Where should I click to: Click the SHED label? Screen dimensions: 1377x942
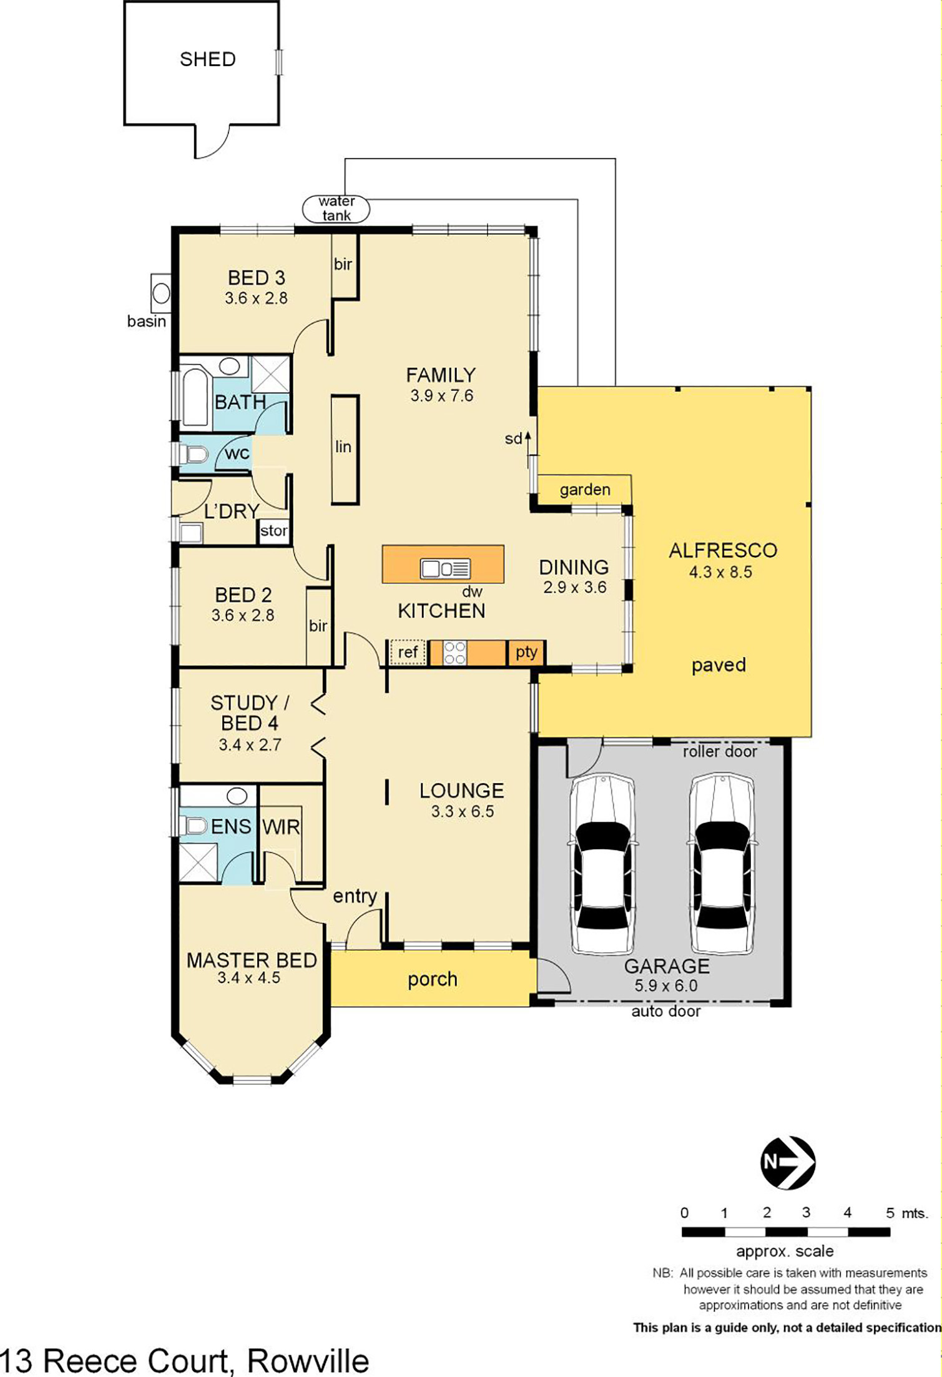point(207,59)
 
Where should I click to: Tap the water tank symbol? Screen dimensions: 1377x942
point(336,209)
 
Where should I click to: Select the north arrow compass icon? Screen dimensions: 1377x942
point(788,1162)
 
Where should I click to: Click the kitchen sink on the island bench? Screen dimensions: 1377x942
point(444,568)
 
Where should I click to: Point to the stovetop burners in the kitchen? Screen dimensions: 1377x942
point(454,653)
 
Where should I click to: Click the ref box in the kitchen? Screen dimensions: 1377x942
point(408,653)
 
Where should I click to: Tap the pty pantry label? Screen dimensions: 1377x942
point(526,652)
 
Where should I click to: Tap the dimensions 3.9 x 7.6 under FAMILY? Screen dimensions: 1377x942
point(441,396)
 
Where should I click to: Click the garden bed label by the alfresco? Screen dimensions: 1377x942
point(584,490)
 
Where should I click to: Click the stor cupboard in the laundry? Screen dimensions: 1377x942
point(273,531)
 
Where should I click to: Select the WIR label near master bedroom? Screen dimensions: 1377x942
point(281,827)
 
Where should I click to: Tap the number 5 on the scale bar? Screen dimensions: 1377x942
point(890,1213)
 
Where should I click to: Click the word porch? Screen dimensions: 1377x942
point(432,979)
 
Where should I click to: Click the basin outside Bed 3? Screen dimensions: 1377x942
point(161,293)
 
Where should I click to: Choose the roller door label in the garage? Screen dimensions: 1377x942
point(719,751)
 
